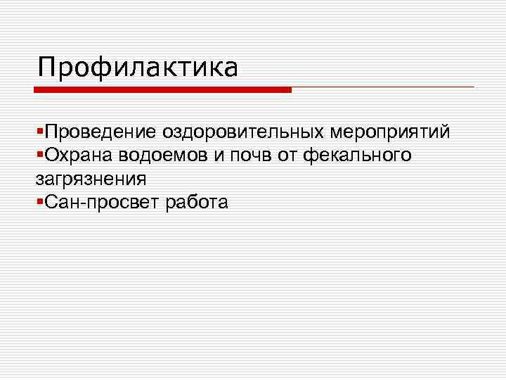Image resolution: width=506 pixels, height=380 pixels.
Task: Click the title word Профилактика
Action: click(x=138, y=68)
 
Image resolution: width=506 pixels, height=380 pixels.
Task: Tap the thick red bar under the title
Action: click(x=162, y=90)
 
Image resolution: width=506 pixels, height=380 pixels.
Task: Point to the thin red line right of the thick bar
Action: click(x=383, y=87)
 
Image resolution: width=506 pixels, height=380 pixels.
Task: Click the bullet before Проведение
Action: click(x=39, y=132)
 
